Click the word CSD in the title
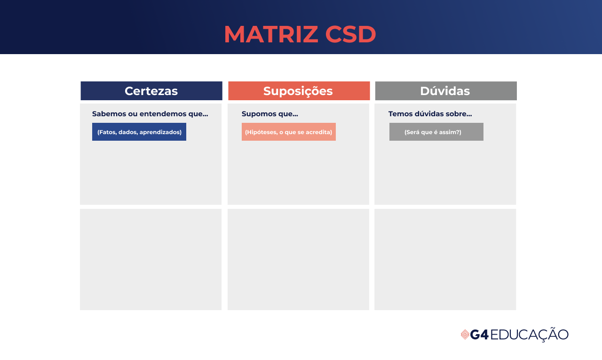pyautogui.click(x=350, y=34)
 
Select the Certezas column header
pyautogui.click(x=151, y=91)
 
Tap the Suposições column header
pyautogui.click(x=299, y=91)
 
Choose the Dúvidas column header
pyautogui.click(x=445, y=91)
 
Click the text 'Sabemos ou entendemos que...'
pyautogui.click(x=150, y=114)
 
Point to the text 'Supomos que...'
pyautogui.click(x=270, y=114)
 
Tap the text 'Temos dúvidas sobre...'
pyautogui.click(x=430, y=114)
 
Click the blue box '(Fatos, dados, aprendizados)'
pyautogui.click(x=139, y=132)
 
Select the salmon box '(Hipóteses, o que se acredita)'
pyautogui.click(x=289, y=132)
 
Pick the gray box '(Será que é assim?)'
pyautogui.click(x=436, y=132)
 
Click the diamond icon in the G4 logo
pyautogui.click(x=465, y=335)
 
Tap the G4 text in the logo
pyautogui.click(x=479, y=335)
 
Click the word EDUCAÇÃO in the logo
pyautogui.click(x=530, y=335)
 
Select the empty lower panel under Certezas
pyautogui.click(x=150, y=259)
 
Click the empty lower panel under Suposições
pyautogui.click(x=298, y=259)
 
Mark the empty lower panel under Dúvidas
pyautogui.click(x=445, y=259)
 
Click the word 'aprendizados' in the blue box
pyautogui.click(x=160, y=132)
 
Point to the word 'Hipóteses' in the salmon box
pyautogui.click(x=260, y=132)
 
